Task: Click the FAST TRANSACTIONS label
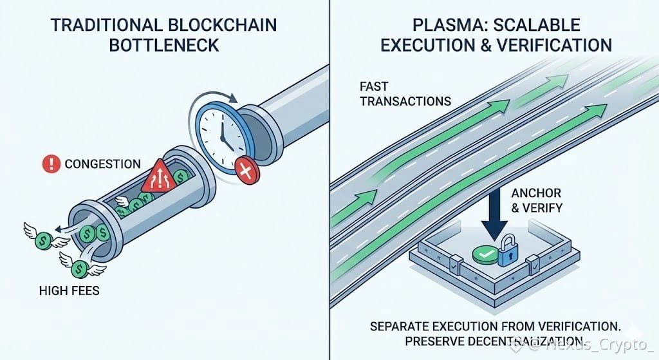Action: [405, 93]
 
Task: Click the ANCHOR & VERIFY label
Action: [537, 200]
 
